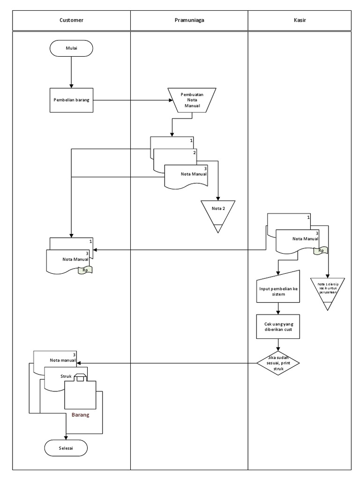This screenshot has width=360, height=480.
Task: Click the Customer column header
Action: [x=71, y=20]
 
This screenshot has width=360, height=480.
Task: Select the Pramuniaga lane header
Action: [x=188, y=20]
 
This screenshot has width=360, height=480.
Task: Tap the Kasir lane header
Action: [x=300, y=20]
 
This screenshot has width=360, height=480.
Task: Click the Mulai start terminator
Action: [x=71, y=48]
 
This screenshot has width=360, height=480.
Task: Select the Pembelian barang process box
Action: [x=71, y=100]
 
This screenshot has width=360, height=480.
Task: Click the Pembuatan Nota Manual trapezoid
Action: [x=191, y=100]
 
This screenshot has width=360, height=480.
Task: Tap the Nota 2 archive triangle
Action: [x=218, y=213]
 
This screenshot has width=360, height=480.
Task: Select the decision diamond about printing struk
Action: [x=278, y=363]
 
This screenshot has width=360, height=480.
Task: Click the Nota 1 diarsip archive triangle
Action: [x=328, y=291]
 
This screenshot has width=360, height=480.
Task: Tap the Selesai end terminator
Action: [x=66, y=448]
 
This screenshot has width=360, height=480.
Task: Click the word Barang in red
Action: [x=80, y=415]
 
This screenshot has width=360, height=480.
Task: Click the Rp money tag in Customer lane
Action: [x=85, y=270]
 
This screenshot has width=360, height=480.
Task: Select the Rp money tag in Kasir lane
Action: [x=321, y=250]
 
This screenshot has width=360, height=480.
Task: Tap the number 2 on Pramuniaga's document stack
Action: [x=194, y=153]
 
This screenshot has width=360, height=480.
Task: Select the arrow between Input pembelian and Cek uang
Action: [x=278, y=309]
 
